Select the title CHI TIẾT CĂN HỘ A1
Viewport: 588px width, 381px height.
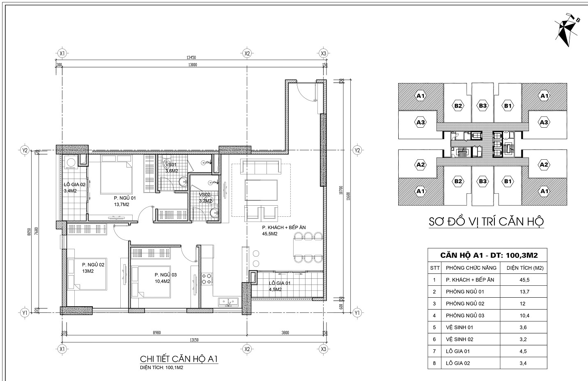tap(179, 359)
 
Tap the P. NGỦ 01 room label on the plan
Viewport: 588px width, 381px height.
tap(124, 198)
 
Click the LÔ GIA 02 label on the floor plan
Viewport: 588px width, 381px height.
tap(74, 185)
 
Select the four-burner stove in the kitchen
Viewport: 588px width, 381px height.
tap(207, 279)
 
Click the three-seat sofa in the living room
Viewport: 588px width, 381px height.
tap(261, 167)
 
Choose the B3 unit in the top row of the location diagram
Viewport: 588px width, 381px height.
tap(482, 106)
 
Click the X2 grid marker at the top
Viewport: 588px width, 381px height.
tap(246, 53)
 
